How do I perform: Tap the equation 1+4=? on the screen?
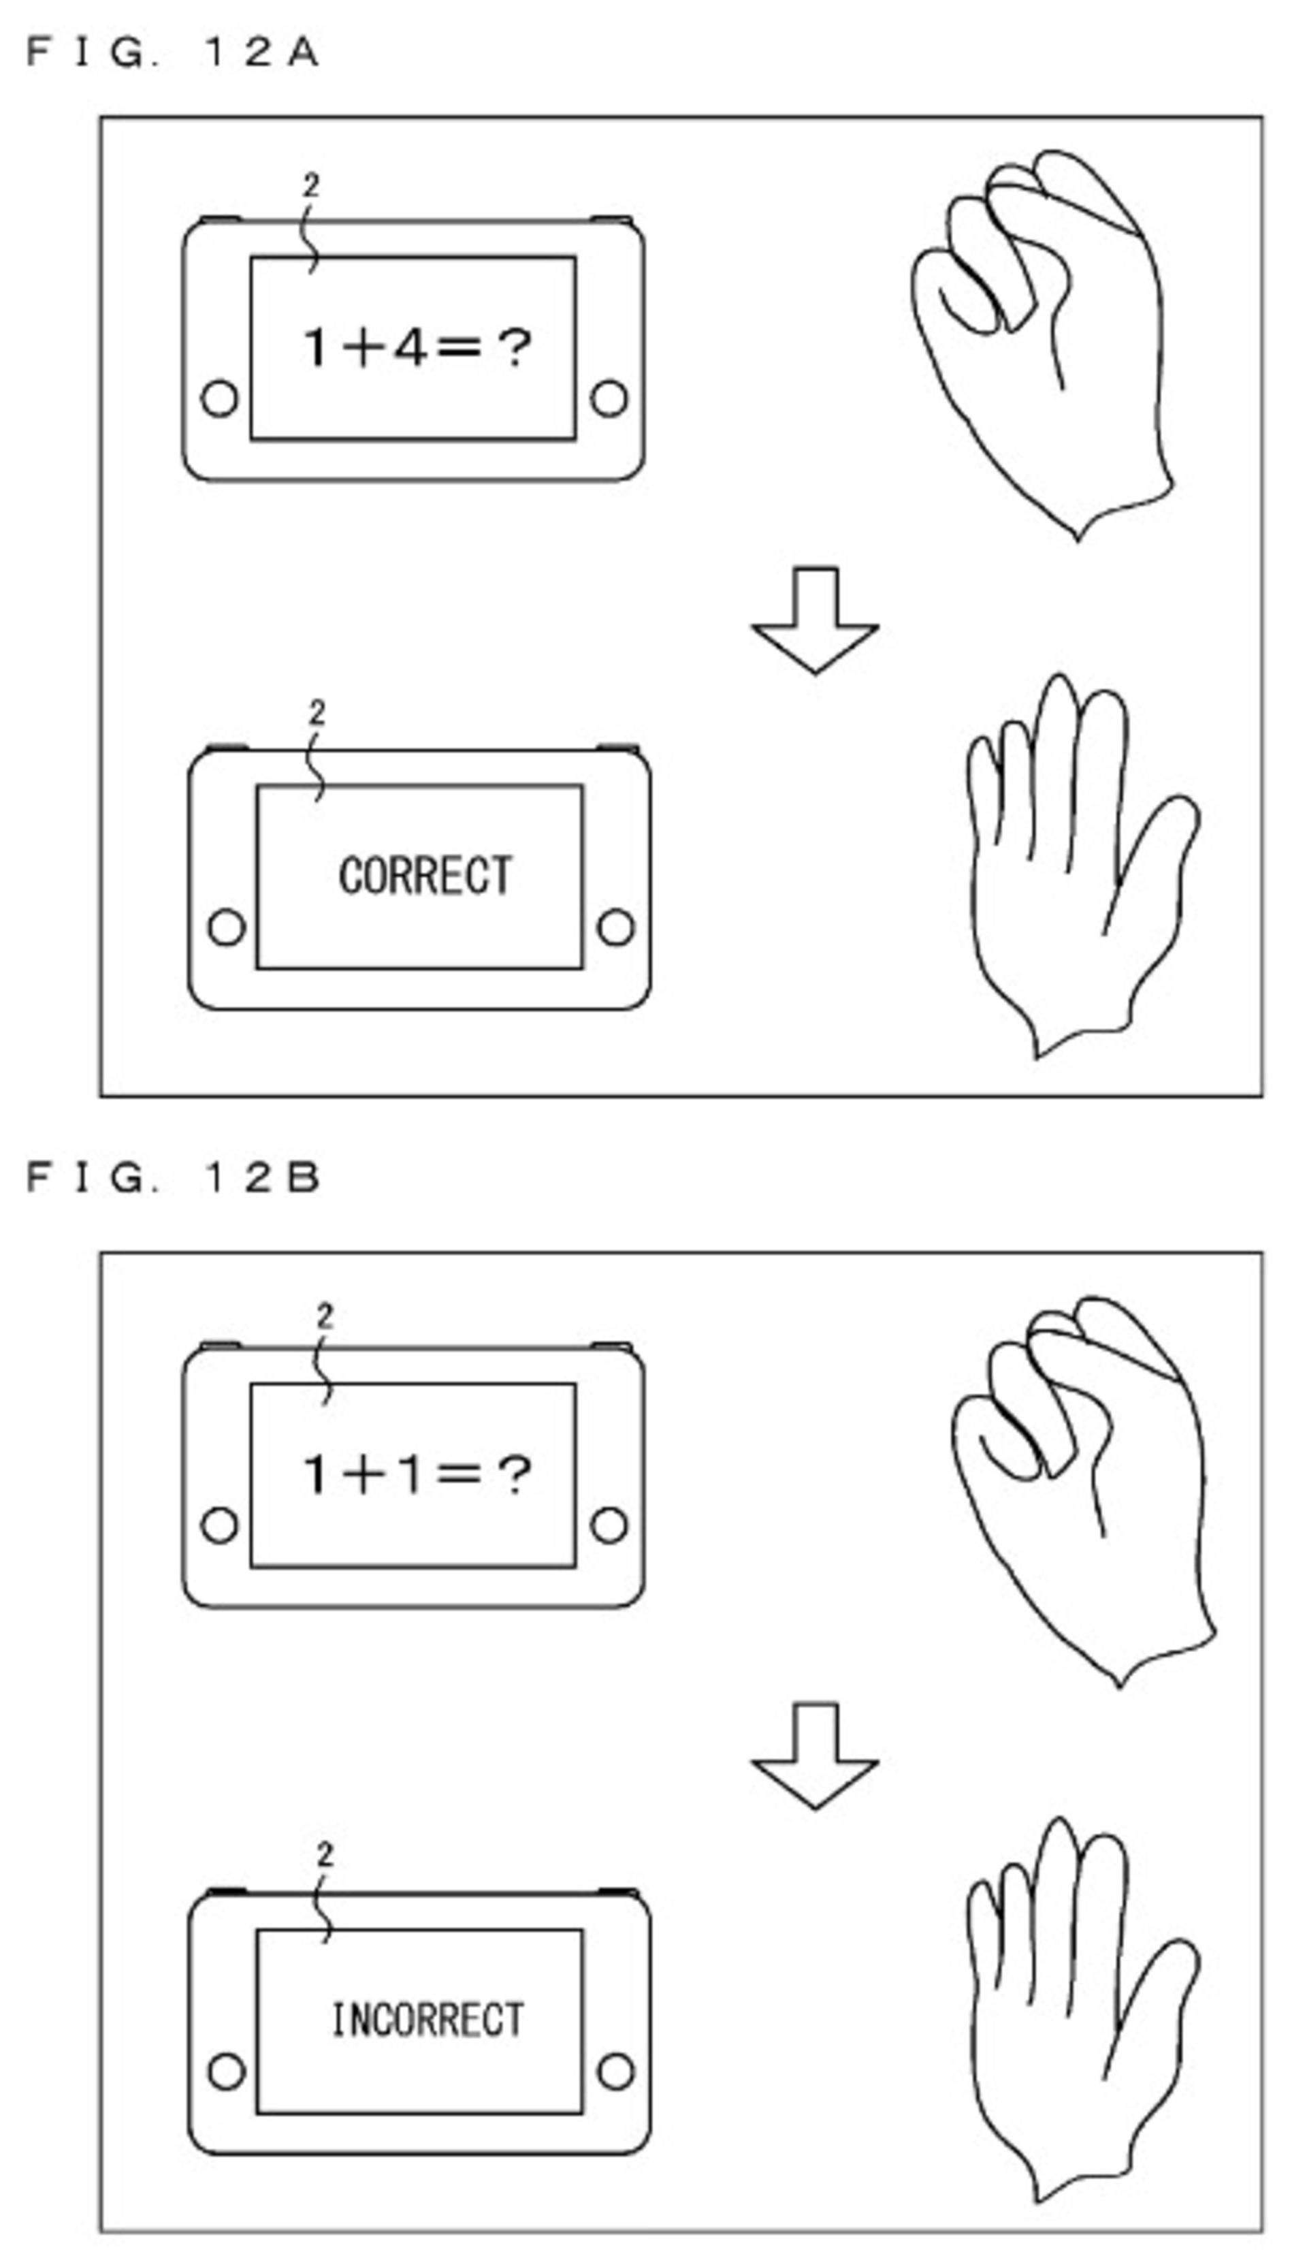[417, 347]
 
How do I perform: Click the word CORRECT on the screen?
[425, 876]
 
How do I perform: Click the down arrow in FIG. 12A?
[815, 620]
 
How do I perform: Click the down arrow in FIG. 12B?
[815, 1755]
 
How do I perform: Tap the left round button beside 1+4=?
[219, 398]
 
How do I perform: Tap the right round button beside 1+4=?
[609, 398]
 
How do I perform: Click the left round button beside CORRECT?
[225, 927]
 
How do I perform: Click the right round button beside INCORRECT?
[615, 2071]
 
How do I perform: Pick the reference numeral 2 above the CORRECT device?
[317, 712]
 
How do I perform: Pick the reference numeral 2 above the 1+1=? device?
[324, 1316]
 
